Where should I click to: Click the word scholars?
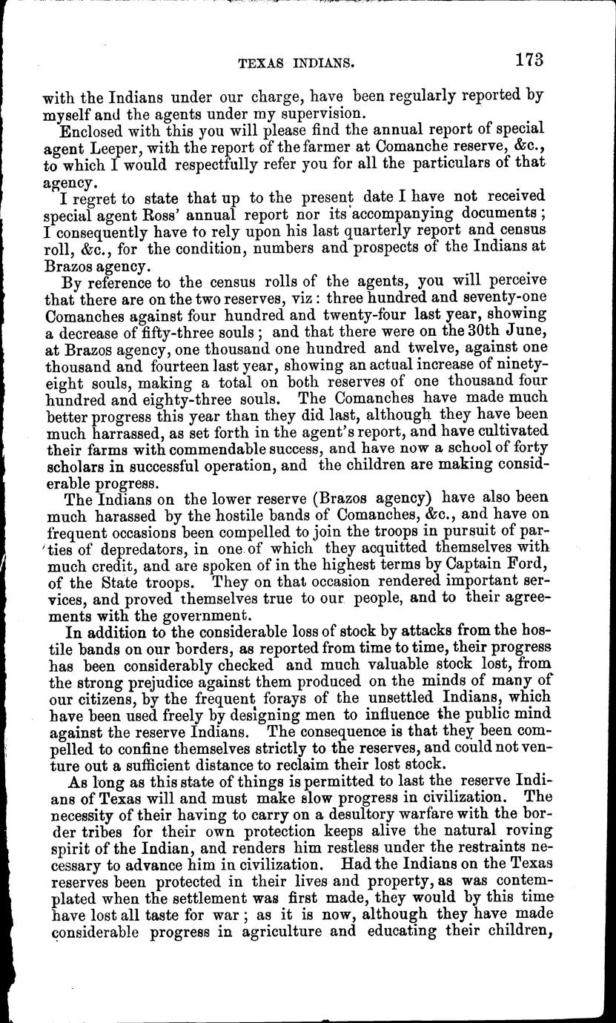76,468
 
